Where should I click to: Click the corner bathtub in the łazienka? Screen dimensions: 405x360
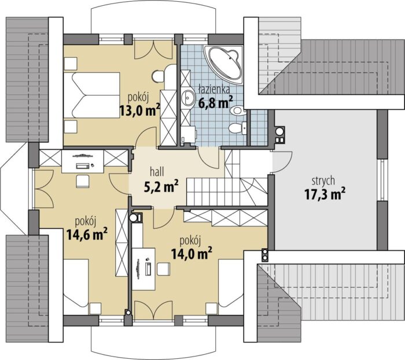click(224, 64)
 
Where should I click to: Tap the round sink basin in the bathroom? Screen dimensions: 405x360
click(188, 98)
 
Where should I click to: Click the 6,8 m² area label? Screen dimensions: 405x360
click(216, 102)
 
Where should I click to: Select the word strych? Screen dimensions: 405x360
click(323, 181)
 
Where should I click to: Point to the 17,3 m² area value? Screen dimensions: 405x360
click(325, 194)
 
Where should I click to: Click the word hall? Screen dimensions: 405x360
click(157, 172)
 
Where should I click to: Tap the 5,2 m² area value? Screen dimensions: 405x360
click(161, 186)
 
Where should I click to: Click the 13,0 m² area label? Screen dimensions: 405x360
click(139, 110)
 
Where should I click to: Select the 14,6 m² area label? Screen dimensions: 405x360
click(87, 234)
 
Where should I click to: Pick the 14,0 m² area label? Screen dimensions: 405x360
click(192, 254)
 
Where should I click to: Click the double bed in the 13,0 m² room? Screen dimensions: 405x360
click(91, 95)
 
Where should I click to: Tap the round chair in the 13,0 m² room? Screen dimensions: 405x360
click(158, 76)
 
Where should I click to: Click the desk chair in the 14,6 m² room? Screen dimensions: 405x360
click(83, 181)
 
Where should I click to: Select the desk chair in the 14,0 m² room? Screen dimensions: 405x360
click(163, 269)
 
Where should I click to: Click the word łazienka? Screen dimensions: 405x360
click(214, 89)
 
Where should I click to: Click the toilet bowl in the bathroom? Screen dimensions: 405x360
click(235, 128)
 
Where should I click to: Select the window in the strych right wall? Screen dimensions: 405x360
click(382, 180)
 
